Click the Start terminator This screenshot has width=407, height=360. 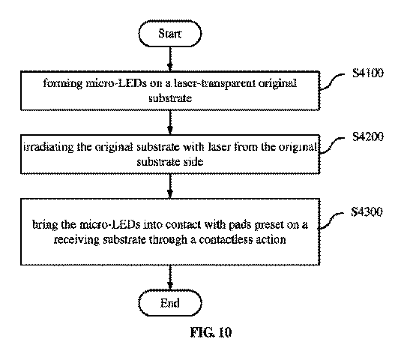pos(170,34)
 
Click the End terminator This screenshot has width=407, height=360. pos(170,303)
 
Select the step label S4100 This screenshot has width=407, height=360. pos(367,73)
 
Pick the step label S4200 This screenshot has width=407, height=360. pos(367,136)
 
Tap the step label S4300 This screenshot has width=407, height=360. pos(367,211)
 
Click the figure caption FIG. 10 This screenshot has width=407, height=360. pos(211,332)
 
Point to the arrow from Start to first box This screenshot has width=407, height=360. pos(170,58)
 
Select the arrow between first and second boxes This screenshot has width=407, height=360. pos(170,122)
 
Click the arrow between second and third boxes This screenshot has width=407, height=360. pos(170,186)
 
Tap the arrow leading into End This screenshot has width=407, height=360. pos(170,277)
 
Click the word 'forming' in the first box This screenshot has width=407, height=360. pos(62,84)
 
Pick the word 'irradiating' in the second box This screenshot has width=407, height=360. pos(49,147)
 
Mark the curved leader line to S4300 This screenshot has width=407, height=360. pos(331,220)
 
